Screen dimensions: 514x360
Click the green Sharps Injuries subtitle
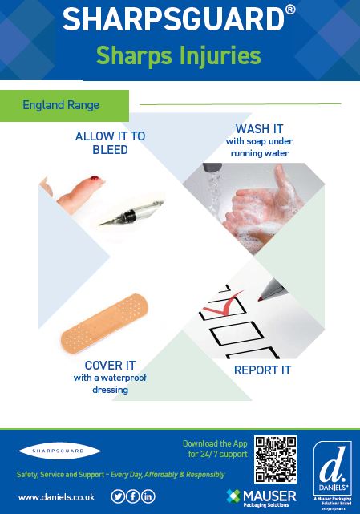point(179,55)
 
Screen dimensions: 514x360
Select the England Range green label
point(61,105)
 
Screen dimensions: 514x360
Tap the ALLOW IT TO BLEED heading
point(110,143)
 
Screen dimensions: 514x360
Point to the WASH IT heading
point(259,129)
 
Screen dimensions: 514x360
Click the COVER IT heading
point(108,365)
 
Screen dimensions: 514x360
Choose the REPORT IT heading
point(262,370)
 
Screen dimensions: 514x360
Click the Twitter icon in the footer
point(118,496)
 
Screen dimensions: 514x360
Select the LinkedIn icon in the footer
point(148,496)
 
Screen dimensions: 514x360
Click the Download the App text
point(215,443)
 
